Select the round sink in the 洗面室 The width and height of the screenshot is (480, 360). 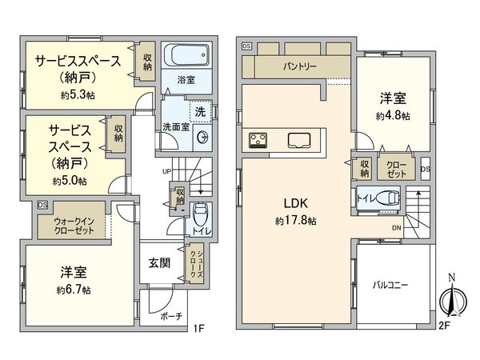point(202,135)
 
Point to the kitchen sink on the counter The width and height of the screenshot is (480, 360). point(298,139)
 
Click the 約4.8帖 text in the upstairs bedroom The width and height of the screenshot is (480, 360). point(393,116)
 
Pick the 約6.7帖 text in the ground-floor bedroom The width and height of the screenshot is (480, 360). point(74,289)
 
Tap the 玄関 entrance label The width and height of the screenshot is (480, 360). point(158,263)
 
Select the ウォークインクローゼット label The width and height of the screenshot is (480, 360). point(74,225)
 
